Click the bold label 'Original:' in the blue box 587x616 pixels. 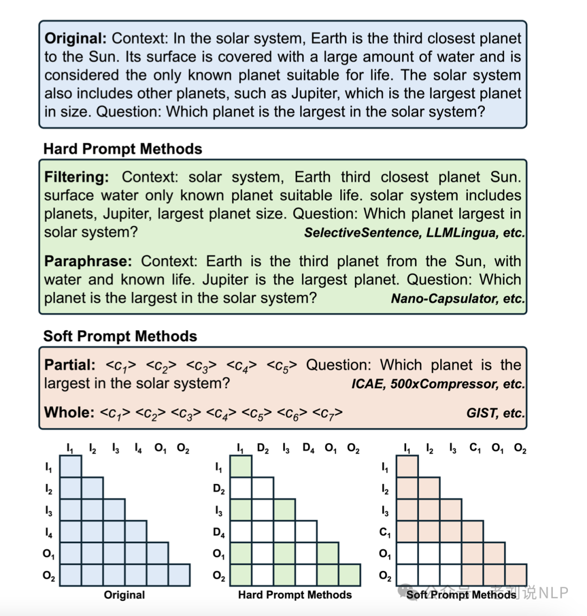point(76,39)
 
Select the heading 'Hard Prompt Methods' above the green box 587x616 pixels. point(122,149)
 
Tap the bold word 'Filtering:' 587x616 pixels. point(76,177)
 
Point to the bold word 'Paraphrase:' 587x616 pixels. point(88,262)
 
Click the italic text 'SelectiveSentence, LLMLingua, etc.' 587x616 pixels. point(414,233)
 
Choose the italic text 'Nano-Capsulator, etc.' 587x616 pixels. point(458,298)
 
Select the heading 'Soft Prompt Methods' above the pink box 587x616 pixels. point(120,336)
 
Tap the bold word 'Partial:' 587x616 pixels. point(70,365)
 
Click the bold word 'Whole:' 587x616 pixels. point(69,412)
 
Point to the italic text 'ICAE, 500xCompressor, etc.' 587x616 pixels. point(438,384)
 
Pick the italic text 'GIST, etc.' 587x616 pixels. point(495,413)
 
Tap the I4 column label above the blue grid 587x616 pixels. point(138,449)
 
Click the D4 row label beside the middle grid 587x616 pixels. point(218,533)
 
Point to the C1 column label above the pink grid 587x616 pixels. point(475,449)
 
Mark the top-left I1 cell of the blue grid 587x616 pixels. point(70,466)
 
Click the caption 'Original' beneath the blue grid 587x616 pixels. point(124,595)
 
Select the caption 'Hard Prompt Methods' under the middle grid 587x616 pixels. point(295,595)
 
